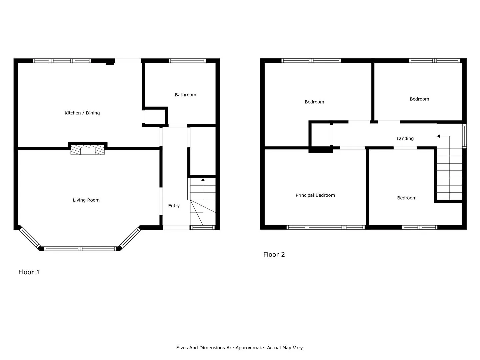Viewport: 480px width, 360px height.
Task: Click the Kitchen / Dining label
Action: click(82, 113)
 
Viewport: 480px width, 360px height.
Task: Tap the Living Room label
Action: click(86, 200)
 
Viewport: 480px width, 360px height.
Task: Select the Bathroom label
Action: click(185, 95)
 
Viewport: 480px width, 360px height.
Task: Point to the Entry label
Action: click(174, 206)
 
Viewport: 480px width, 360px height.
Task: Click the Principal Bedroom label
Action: click(315, 195)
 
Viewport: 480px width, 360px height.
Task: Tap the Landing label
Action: click(405, 139)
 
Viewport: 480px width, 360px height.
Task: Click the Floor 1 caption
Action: click(29, 272)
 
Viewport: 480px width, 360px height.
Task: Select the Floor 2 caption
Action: click(274, 254)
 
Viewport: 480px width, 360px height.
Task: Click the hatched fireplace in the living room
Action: click(87, 150)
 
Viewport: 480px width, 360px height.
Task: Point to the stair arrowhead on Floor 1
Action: click(203, 179)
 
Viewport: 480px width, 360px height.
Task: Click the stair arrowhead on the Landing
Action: click(438, 136)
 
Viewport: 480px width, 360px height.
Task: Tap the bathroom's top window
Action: click(187, 61)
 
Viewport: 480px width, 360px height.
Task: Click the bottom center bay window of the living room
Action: click(80, 249)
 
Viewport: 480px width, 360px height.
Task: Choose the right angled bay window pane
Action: click(130, 238)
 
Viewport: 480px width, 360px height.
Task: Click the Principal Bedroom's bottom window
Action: click(326, 227)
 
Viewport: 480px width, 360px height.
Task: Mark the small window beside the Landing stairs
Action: click(464, 136)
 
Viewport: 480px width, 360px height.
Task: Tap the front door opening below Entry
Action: click(176, 227)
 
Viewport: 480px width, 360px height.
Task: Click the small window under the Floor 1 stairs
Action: click(202, 227)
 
